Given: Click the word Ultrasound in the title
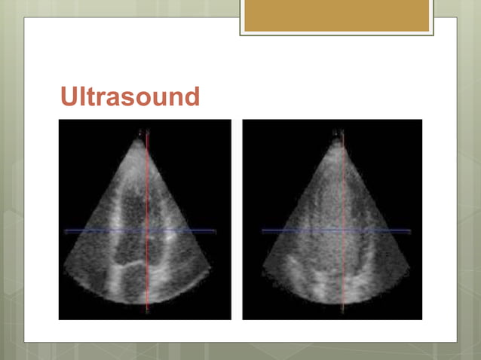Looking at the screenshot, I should (130, 96).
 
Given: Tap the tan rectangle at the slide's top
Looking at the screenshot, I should (336, 15).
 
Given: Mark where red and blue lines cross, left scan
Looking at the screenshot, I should (148, 230).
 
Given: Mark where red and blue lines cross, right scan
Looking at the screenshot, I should (344, 230).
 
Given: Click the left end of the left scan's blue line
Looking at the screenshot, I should (65, 230).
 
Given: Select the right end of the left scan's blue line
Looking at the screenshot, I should (216, 230).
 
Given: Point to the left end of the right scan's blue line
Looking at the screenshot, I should (262, 230).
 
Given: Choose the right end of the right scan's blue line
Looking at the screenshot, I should (411, 230).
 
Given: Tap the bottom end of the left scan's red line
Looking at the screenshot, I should (148, 310).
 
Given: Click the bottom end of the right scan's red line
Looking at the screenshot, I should (344, 310).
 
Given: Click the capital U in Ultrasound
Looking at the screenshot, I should (69, 96).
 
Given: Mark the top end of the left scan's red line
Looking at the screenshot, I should (148, 133).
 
